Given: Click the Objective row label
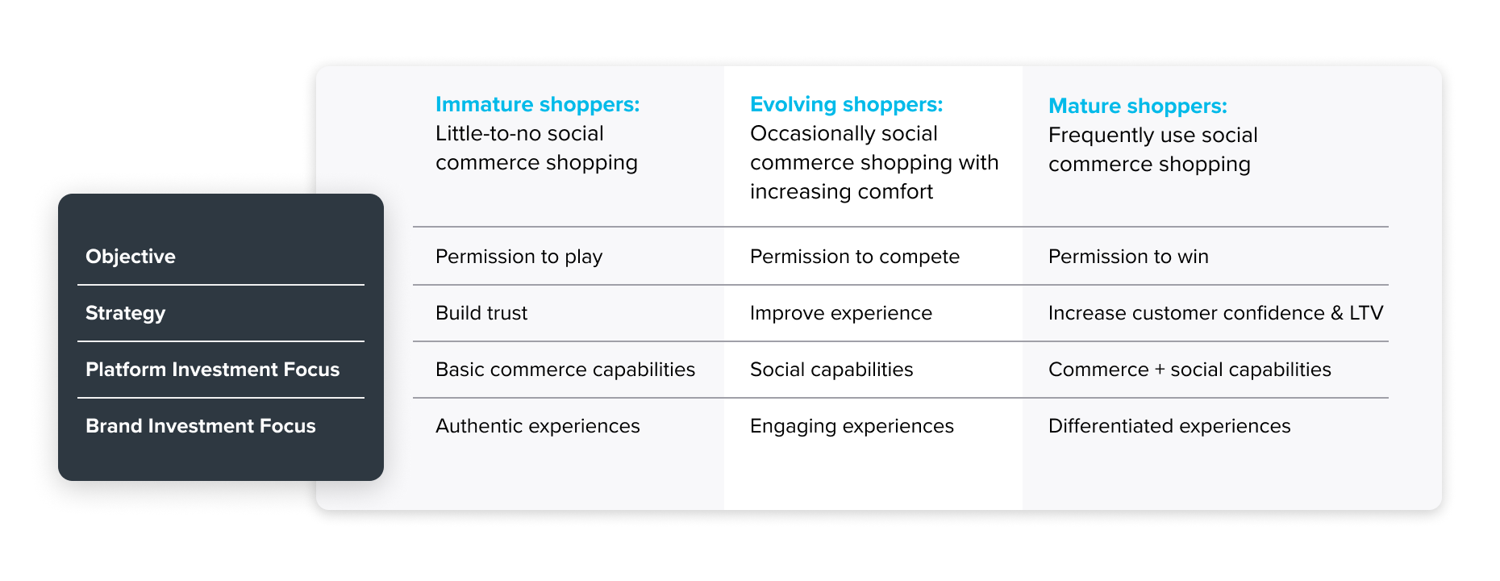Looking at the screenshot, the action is tap(131, 257).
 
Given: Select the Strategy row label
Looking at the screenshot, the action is tap(126, 314).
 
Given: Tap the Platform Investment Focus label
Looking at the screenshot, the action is tap(213, 370).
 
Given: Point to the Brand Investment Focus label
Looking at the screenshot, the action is tap(201, 426).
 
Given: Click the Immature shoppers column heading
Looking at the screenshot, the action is tap(537, 105).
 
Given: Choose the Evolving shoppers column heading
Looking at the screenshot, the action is tap(846, 105).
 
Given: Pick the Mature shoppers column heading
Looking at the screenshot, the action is tap(1138, 107).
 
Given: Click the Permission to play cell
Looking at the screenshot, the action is tap(519, 257).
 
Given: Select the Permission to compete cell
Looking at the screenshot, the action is tap(855, 257).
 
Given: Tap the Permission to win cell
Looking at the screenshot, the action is tap(1128, 257).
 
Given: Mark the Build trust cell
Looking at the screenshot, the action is tap(481, 313).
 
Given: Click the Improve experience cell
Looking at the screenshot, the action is tap(841, 314).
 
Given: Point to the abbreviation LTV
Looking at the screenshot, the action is tap(1366, 313).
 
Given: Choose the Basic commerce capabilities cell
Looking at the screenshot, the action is tap(565, 370).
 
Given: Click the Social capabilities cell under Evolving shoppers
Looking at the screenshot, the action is tap(831, 370).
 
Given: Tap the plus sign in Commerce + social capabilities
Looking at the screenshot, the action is tap(1160, 370).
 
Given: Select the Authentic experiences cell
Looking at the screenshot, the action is tap(538, 427).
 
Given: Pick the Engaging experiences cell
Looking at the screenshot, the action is tap(852, 427).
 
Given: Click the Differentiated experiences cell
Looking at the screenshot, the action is tap(1169, 427).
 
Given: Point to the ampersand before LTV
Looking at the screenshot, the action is tap(1337, 313).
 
